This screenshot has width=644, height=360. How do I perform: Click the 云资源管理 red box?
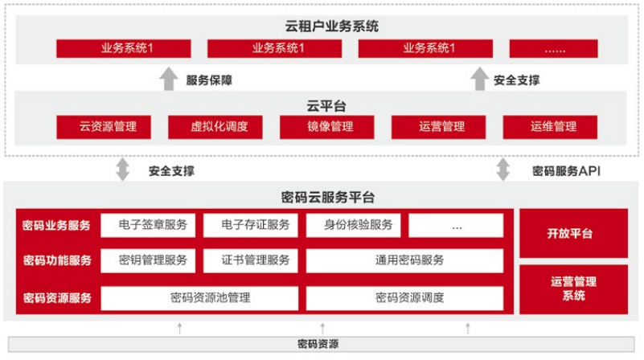click(104, 127)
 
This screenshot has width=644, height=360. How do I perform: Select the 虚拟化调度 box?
click(215, 127)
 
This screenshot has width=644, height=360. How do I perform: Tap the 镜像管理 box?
click(327, 127)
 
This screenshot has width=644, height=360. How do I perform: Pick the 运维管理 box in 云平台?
click(551, 127)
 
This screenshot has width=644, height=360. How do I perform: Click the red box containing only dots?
click(554, 48)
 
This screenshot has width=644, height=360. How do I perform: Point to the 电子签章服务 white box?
click(148, 225)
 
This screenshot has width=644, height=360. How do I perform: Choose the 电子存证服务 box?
click(251, 225)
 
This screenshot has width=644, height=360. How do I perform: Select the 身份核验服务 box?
click(353, 225)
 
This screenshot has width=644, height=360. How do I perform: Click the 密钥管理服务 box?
click(148, 260)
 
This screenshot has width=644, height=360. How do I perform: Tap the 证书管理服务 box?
click(251, 260)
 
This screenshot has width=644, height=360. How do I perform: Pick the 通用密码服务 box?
click(404, 260)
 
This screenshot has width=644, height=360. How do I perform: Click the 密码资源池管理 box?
click(199, 298)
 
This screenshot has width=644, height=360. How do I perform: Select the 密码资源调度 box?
click(404, 298)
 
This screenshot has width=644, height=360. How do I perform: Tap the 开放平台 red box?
click(574, 234)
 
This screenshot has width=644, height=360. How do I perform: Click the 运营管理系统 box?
click(574, 289)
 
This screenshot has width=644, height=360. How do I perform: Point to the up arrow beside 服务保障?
click(168, 79)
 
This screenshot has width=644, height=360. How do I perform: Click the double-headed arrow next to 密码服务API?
click(503, 170)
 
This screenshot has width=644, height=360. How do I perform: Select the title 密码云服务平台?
click(328, 198)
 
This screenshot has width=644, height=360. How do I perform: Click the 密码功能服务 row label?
click(57, 260)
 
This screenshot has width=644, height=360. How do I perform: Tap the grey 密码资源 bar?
click(321, 344)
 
